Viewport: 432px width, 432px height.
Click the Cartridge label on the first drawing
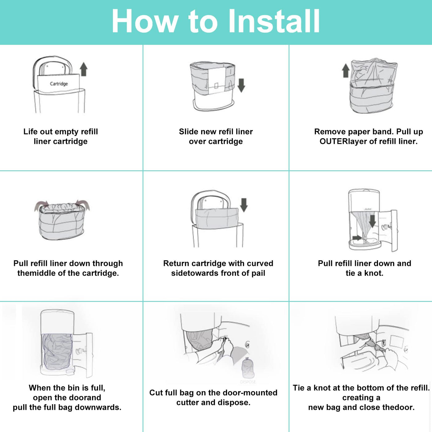click(59, 84)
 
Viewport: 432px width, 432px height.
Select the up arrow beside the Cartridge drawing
click(84, 69)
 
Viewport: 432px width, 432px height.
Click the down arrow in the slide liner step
click(241, 85)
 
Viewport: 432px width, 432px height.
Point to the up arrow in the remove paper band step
click(346, 71)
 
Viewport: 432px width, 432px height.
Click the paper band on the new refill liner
click(217, 81)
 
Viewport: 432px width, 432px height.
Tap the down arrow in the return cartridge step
click(244, 205)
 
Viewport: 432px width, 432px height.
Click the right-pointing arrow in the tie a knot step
click(357, 238)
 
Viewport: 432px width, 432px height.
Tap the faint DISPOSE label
click(248, 382)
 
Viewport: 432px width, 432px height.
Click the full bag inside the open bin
click(57, 352)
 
